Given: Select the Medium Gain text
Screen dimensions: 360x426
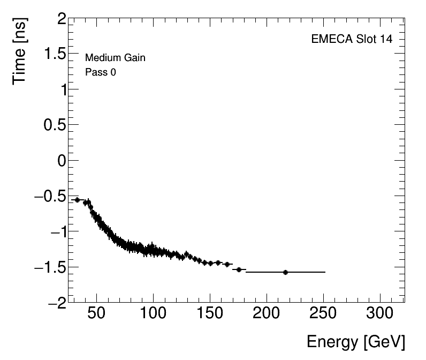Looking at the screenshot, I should pyautogui.click(x=115, y=58).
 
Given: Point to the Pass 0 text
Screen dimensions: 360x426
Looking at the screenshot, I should pyautogui.click(x=101, y=72).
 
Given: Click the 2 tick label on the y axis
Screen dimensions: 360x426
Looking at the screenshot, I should pyautogui.click(x=60, y=20).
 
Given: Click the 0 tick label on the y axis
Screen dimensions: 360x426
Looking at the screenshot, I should pyautogui.click(x=60, y=161).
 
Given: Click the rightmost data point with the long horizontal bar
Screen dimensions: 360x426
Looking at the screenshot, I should pyautogui.click(x=285, y=272).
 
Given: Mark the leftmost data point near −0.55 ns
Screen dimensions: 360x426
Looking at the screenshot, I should pyautogui.click(x=77, y=200).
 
